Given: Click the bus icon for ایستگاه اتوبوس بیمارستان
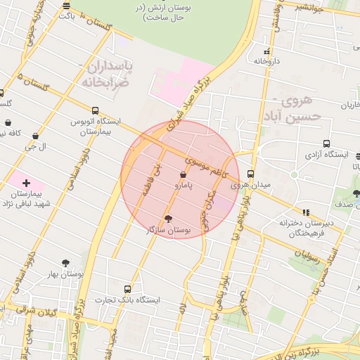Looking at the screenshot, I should (x=95, y=110).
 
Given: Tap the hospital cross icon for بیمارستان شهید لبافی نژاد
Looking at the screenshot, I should (x=27, y=183).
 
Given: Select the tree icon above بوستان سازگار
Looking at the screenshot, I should (x=167, y=218).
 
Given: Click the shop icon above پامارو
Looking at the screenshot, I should (x=184, y=174).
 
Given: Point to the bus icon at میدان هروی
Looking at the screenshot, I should (x=251, y=175).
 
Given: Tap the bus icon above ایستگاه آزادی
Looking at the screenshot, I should (x=327, y=144).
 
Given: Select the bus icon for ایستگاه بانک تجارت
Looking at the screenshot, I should (x=127, y=289).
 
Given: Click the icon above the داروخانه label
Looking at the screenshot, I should (x=266, y=51).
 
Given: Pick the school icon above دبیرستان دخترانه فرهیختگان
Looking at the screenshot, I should (x=305, y=212).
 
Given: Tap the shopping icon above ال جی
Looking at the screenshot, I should (x=35, y=136).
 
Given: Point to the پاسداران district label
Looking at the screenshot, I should (x=110, y=67).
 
